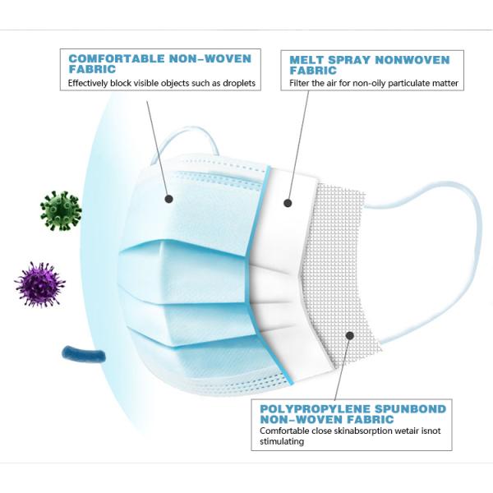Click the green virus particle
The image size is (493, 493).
click(x=61, y=211)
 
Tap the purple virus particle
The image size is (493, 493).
click(x=39, y=283)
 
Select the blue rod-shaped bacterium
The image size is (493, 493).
click(x=84, y=355)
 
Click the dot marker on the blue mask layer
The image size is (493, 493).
click(x=168, y=198)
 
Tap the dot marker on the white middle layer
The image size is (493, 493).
click(x=288, y=202)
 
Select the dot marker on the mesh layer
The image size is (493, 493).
click(x=349, y=335)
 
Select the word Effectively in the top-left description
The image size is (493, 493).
click(x=92, y=84)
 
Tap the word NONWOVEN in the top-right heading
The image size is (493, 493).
click(x=419, y=60)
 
